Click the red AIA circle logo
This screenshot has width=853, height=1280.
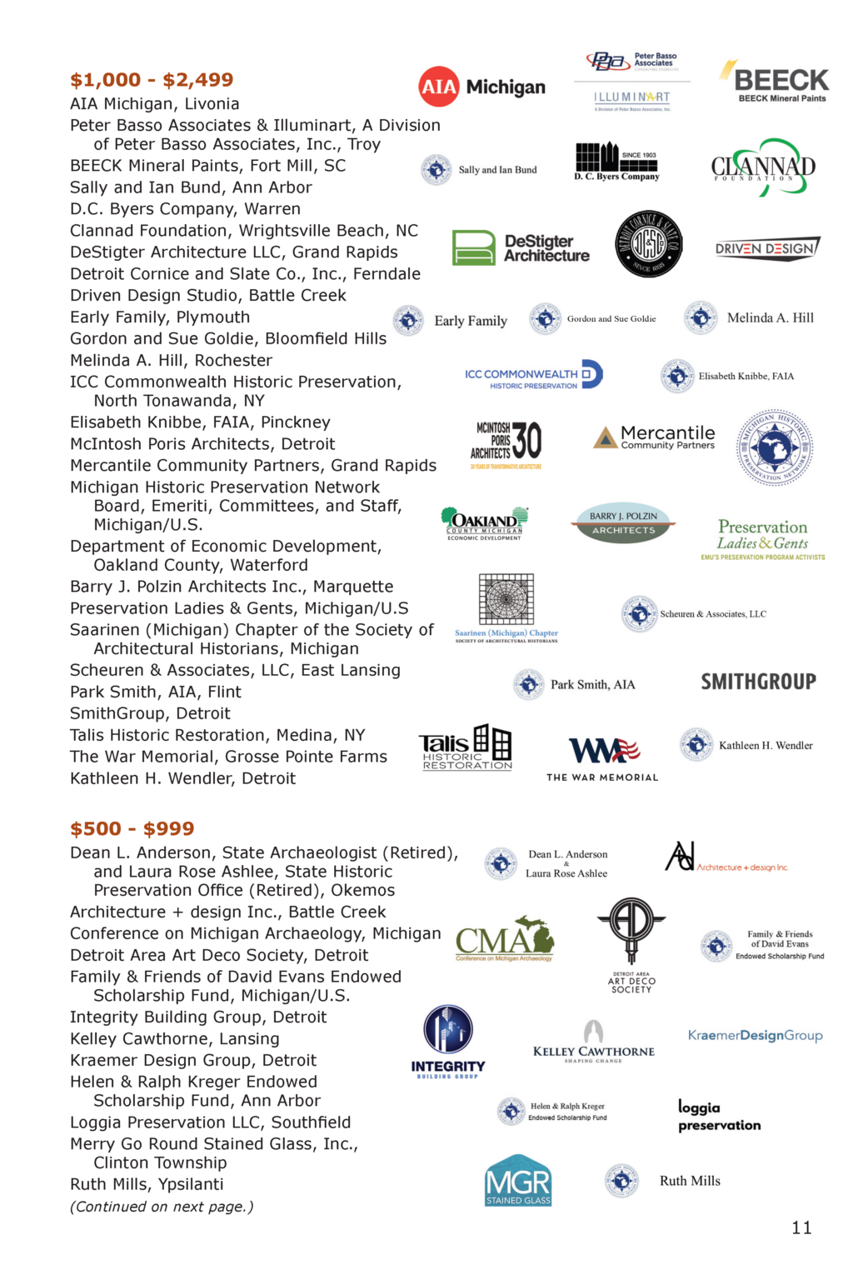(439, 87)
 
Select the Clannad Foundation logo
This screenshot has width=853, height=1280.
(763, 167)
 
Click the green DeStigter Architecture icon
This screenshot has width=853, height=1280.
(473, 247)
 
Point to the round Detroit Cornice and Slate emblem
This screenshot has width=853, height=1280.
(649, 244)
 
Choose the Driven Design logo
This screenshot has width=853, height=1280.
(767, 248)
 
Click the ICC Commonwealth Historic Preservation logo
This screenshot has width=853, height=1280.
(534, 376)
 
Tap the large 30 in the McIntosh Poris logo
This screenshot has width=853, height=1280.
(526, 441)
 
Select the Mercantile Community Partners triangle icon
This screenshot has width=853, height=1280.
(606, 437)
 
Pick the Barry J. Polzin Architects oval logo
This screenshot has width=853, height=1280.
(623, 522)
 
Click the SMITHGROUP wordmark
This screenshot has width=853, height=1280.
(758, 682)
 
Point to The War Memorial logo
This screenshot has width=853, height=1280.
(603, 758)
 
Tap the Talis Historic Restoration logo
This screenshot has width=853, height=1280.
(466, 747)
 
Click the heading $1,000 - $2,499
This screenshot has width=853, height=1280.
(152, 80)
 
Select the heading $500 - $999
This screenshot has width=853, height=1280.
(132, 828)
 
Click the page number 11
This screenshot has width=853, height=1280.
(801, 1227)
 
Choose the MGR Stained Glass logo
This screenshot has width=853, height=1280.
(518, 1181)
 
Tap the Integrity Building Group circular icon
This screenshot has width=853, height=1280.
(448, 1029)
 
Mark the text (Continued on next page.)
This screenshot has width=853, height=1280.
(162, 1207)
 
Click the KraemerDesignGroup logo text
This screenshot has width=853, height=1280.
(755, 1035)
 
